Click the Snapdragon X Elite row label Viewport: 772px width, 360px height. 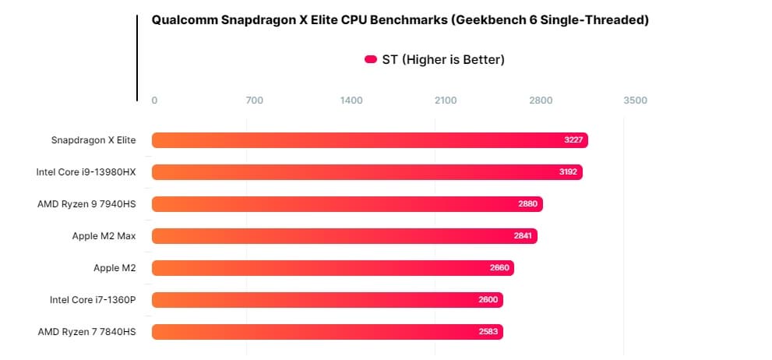[93, 140]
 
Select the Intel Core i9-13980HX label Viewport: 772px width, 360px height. [86, 172]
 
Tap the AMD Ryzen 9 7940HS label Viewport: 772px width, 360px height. [86, 204]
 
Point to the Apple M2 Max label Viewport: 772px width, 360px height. [104, 236]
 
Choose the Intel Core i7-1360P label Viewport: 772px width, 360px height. [93, 300]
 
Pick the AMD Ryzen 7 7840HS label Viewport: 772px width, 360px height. [86, 332]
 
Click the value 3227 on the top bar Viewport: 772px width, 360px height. [574, 140]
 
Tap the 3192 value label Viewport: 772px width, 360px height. [569, 172]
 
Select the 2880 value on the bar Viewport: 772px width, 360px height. [528, 204]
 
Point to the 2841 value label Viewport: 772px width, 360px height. [523, 236]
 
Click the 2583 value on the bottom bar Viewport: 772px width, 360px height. [488, 332]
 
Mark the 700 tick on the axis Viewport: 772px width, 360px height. [254, 101]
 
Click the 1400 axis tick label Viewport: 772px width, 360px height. [351, 101]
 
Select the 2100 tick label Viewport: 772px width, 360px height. [446, 101]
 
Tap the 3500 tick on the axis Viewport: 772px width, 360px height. [635, 101]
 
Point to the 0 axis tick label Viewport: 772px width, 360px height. [154, 101]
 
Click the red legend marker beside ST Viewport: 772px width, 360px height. [371, 59]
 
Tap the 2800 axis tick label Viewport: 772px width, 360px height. [541, 101]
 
